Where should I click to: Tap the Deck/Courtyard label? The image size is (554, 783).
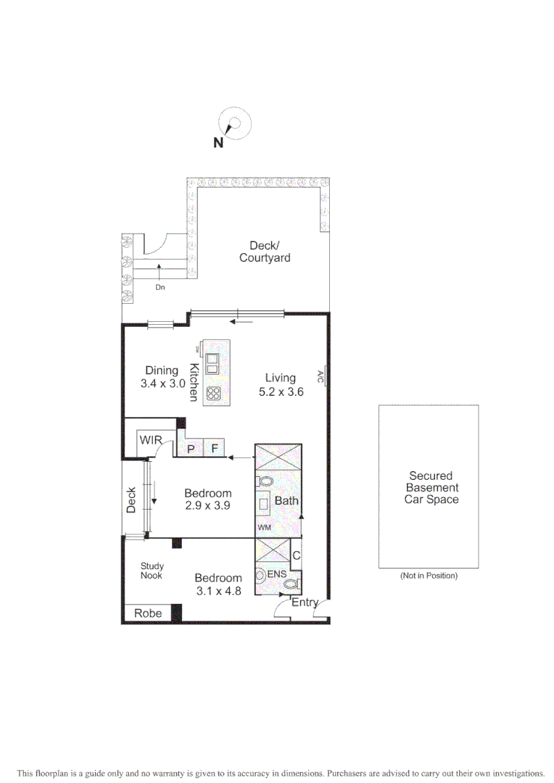264,252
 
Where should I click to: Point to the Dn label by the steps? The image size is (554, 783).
160,287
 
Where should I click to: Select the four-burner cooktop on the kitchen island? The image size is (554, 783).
213,393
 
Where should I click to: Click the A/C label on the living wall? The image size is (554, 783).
320,376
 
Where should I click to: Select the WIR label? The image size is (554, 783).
151,440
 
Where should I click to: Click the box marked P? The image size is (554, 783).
191,449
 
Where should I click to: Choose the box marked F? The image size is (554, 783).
215,449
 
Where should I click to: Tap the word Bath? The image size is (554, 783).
286,500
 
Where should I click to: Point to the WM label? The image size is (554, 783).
263,528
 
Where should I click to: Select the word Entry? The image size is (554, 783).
305,602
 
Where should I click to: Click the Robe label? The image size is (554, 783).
148,613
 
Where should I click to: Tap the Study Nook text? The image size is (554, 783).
152,571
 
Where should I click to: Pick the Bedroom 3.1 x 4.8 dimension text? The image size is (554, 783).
218,584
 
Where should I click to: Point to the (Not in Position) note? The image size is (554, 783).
429,576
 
